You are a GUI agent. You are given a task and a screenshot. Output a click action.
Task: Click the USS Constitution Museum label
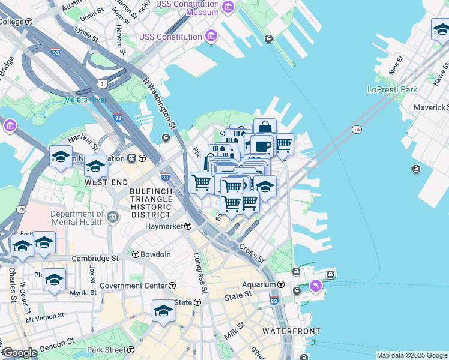pos(187,8)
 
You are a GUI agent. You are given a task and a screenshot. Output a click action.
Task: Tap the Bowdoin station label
pos(155,254)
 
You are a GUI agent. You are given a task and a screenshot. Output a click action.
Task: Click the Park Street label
pos(106,350)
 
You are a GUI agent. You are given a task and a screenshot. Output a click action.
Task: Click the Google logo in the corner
pos(20,353)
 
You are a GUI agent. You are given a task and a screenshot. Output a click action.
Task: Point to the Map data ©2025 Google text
pos(411,355)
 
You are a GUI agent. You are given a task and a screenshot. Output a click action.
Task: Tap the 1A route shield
pos(357,129)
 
